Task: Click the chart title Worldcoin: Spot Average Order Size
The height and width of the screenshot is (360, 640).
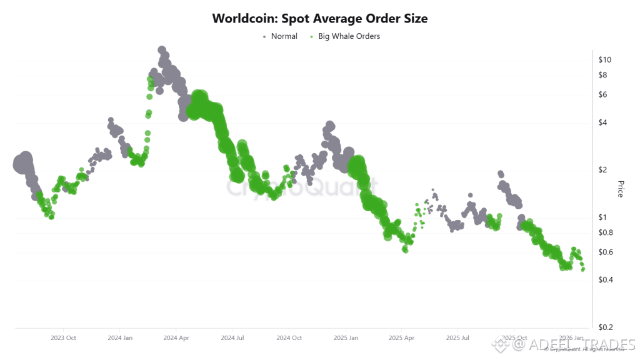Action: (x=320, y=18)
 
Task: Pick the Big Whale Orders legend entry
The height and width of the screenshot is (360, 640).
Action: (x=348, y=36)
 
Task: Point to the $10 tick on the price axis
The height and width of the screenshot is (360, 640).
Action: (x=605, y=60)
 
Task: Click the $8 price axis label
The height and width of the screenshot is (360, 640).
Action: (x=603, y=75)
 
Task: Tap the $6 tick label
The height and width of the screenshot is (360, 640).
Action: (x=603, y=95)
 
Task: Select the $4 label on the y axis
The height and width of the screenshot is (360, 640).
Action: (x=603, y=122)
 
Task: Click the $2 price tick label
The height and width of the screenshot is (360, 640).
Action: (x=603, y=170)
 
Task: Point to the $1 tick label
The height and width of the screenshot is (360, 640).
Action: (x=603, y=217)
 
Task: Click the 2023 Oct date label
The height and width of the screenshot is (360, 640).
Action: (x=63, y=337)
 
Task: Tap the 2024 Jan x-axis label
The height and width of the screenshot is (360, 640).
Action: (x=119, y=337)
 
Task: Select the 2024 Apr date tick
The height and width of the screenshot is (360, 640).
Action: (x=176, y=337)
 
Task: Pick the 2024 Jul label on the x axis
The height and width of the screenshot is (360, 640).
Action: (x=232, y=337)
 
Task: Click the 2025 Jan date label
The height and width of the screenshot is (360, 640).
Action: (x=345, y=337)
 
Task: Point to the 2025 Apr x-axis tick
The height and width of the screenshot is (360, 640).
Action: (x=401, y=337)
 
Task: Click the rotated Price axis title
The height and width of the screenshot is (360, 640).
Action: (x=621, y=189)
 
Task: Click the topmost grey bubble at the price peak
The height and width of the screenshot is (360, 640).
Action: (x=162, y=50)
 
